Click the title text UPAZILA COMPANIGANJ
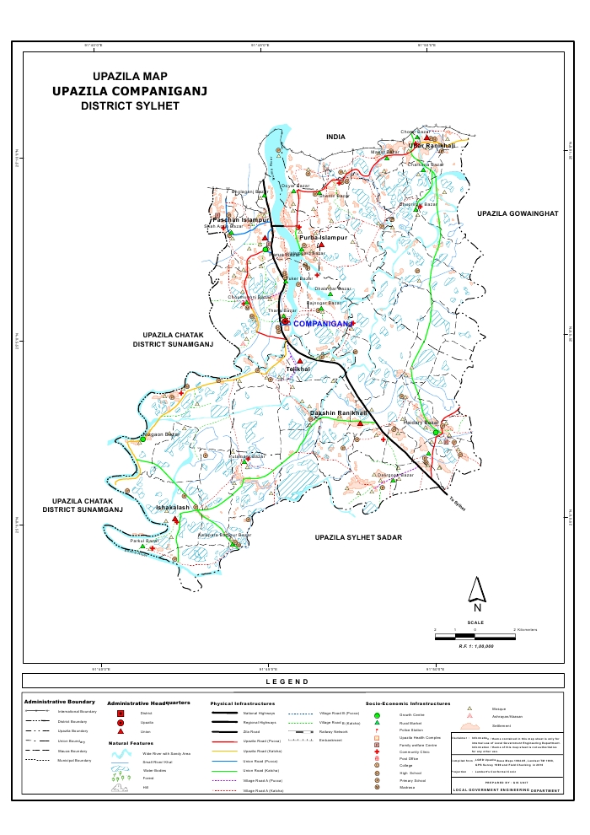coord(130,91)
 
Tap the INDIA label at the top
coord(336,137)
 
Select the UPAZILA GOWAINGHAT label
coord(518,214)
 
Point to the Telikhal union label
coord(298,369)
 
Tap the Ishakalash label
coord(173,508)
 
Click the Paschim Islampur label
coord(239,219)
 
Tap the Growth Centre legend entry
coord(411,714)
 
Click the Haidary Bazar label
coord(421,422)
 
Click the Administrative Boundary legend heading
coord(59,702)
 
